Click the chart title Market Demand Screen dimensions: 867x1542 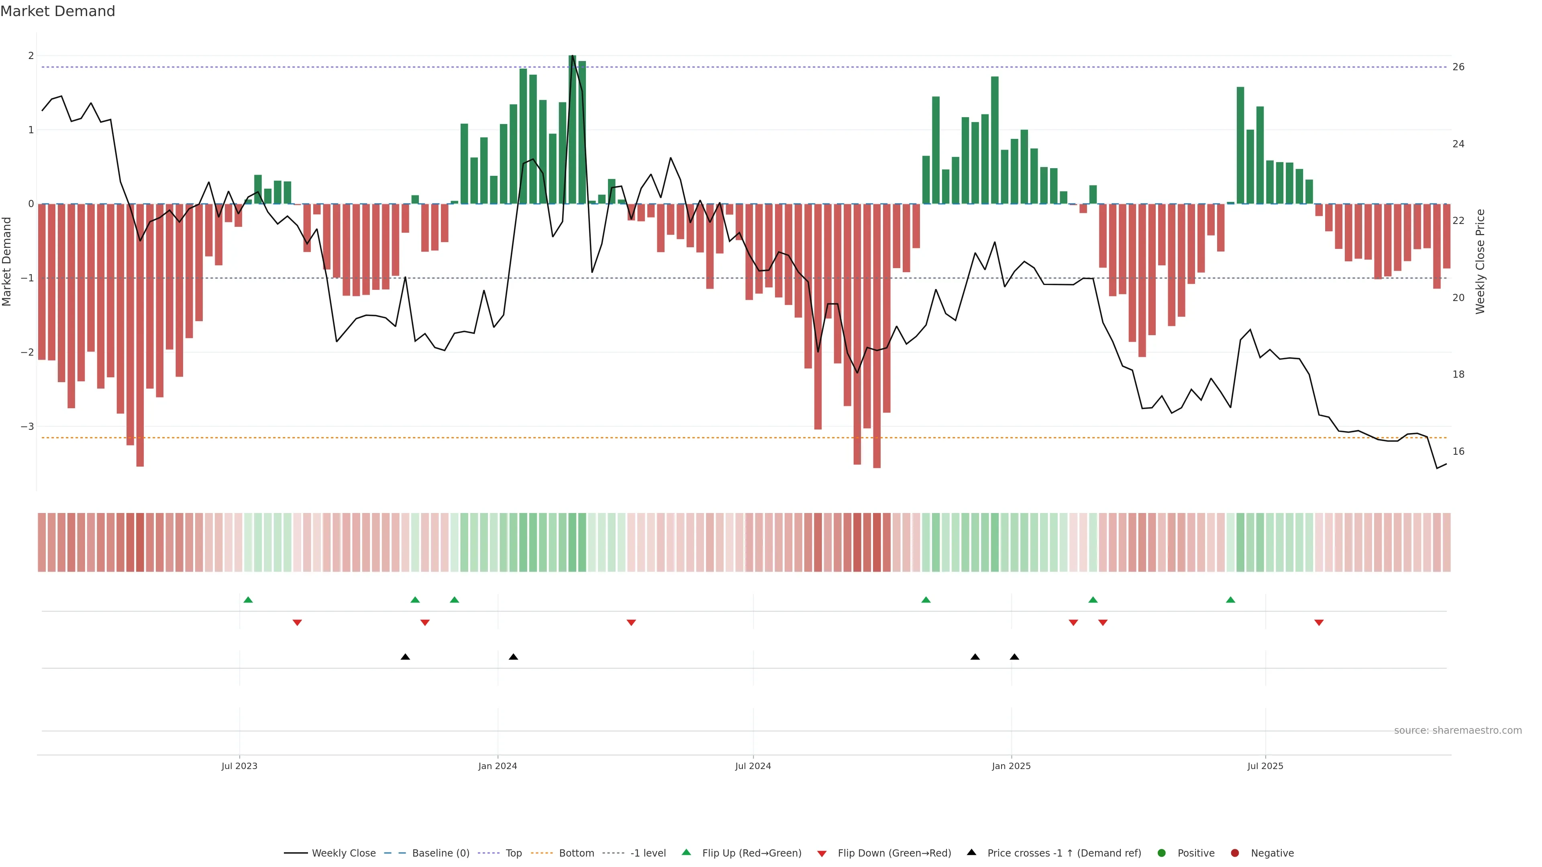[57, 11]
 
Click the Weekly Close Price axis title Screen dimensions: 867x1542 [1480, 261]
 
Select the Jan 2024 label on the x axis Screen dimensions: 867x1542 [498, 766]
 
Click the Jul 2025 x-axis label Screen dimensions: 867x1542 [1265, 766]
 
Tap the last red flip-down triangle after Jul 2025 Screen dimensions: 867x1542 [1319, 623]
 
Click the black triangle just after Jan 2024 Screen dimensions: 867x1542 [513, 657]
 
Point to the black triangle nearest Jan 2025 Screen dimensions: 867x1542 [1014, 657]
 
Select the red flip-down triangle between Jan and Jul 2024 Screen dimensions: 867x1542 [631, 623]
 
